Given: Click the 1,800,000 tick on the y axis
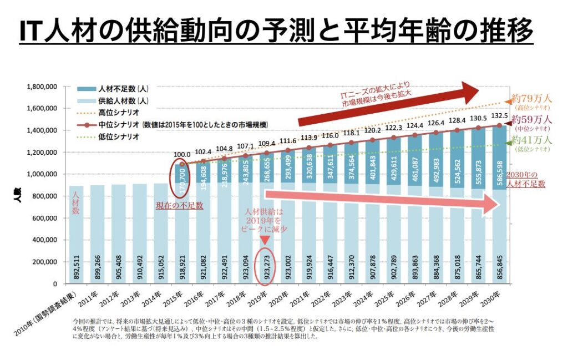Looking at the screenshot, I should tap(43, 87).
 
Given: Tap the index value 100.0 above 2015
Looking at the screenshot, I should tap(182, 155).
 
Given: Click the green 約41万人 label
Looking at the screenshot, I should tap(531, 139).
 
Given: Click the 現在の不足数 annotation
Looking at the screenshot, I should tap(179, 205).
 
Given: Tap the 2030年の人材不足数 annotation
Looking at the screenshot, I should tap(526, 179).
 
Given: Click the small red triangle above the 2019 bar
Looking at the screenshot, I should tap(265, 240).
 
